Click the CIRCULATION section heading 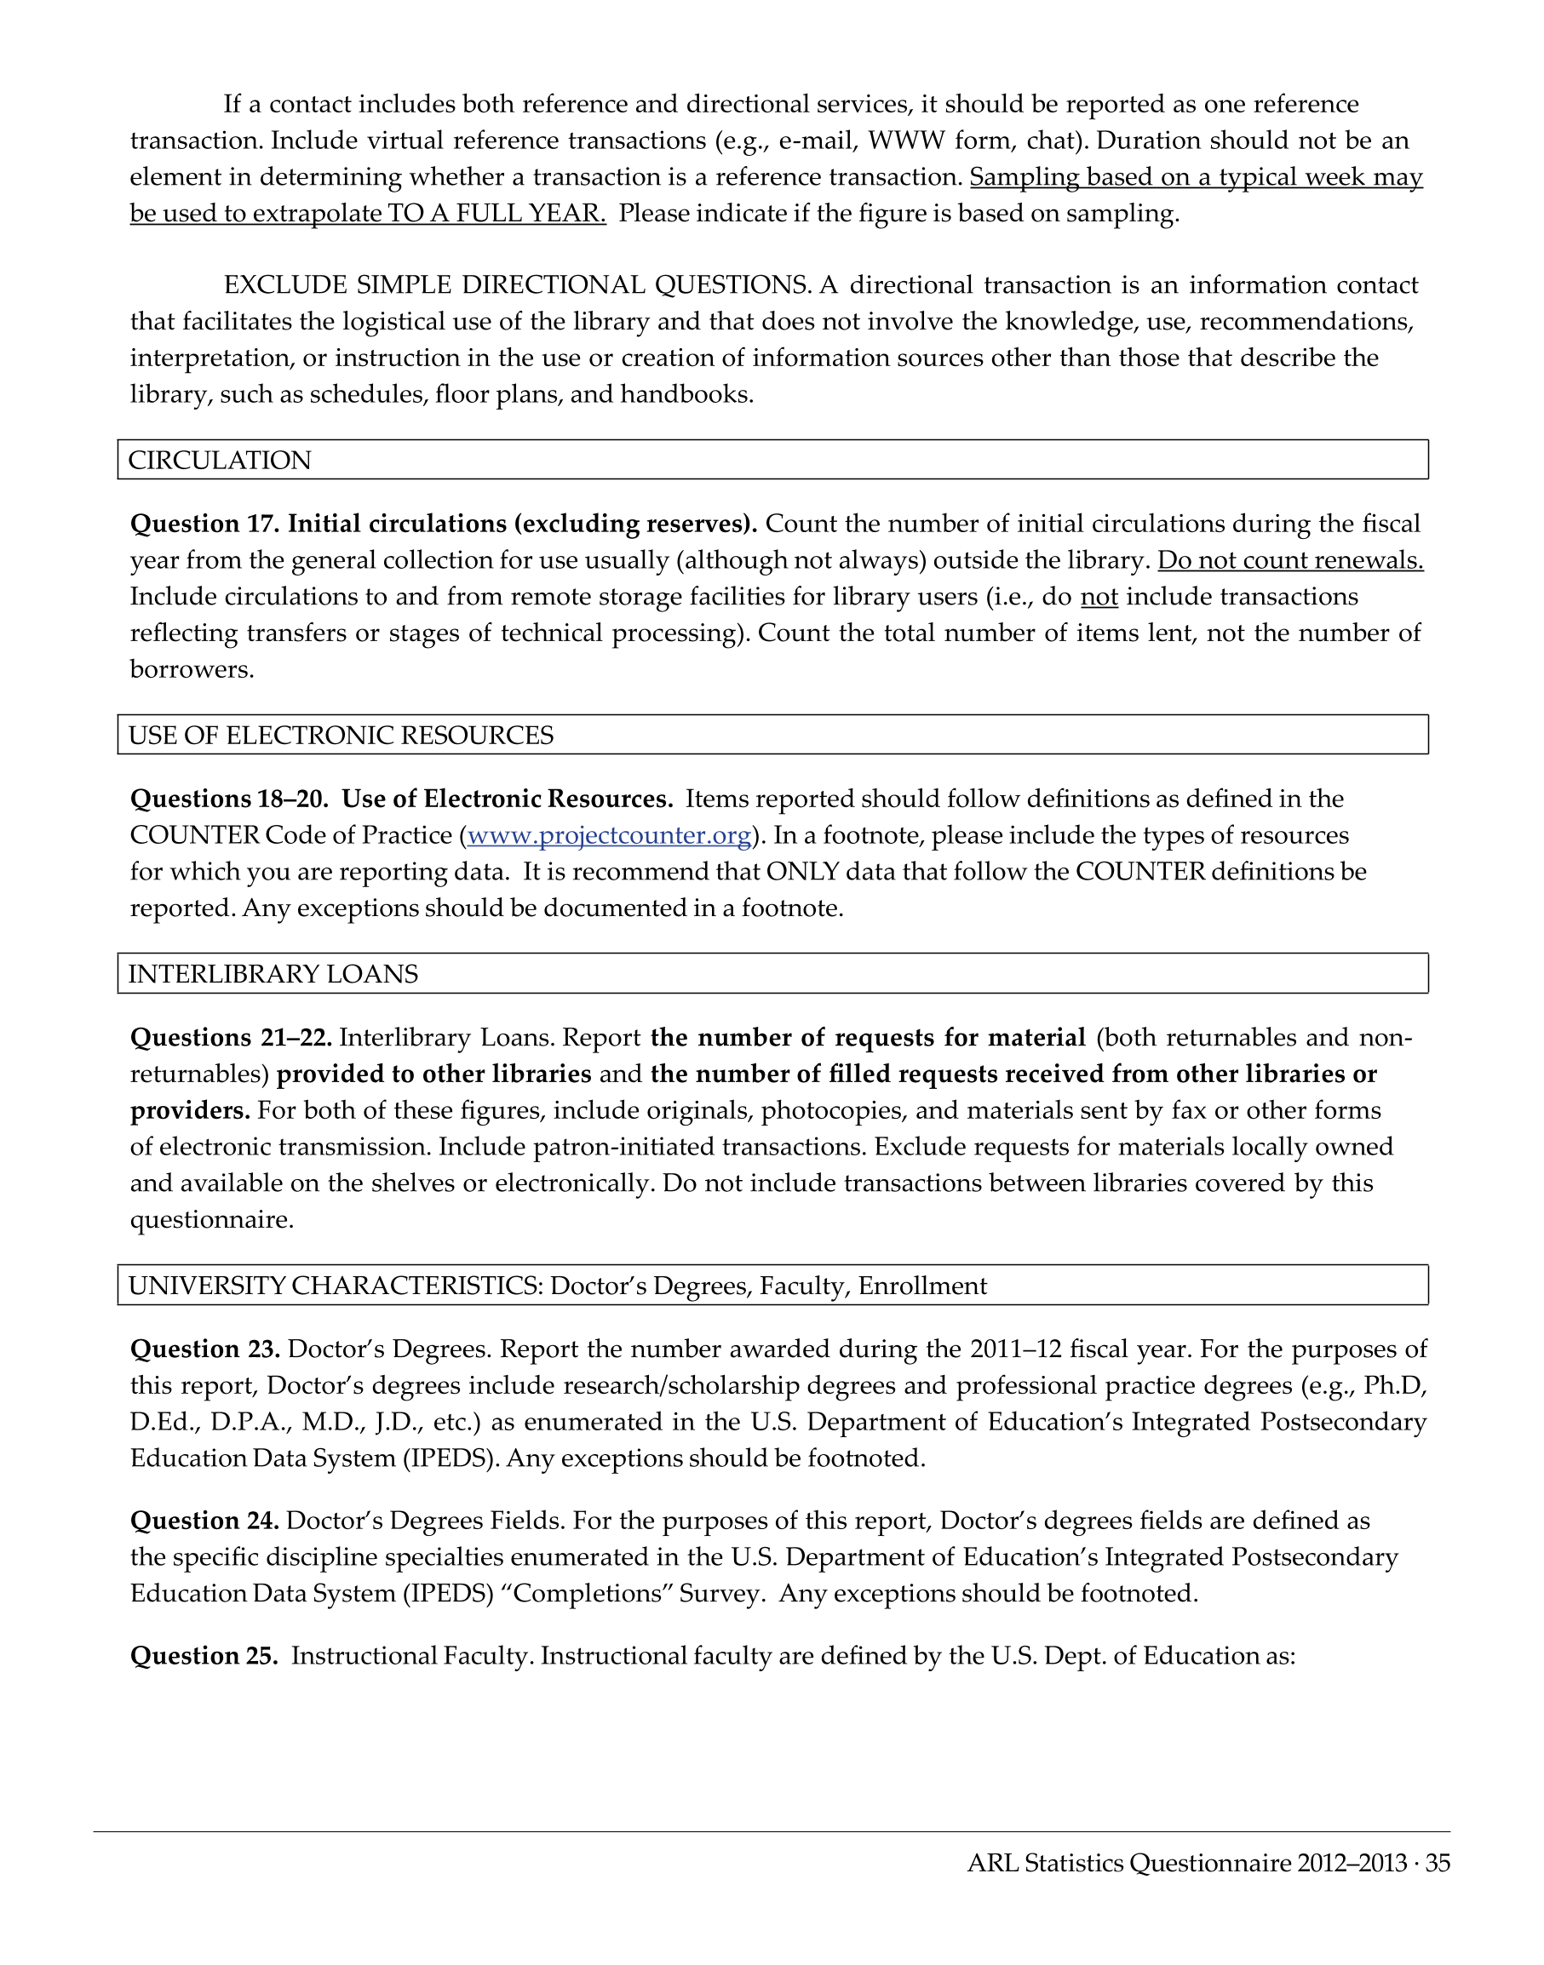(220, 460)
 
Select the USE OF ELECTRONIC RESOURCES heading (341, 735)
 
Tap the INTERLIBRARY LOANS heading (273, 973)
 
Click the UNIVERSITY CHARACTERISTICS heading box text (557, 1286)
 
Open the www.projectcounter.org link (609, 835)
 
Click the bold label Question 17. (205, 524)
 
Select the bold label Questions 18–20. (230, 799)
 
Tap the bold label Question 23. (205, 1349)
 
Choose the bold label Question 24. (205, 1521)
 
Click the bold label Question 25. (205, 1655)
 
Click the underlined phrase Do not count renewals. (1290, 560)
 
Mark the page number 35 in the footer (1438, 1863)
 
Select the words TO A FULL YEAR (496, 214)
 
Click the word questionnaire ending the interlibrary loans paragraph (211, 1220)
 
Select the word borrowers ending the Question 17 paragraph (192, 670)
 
